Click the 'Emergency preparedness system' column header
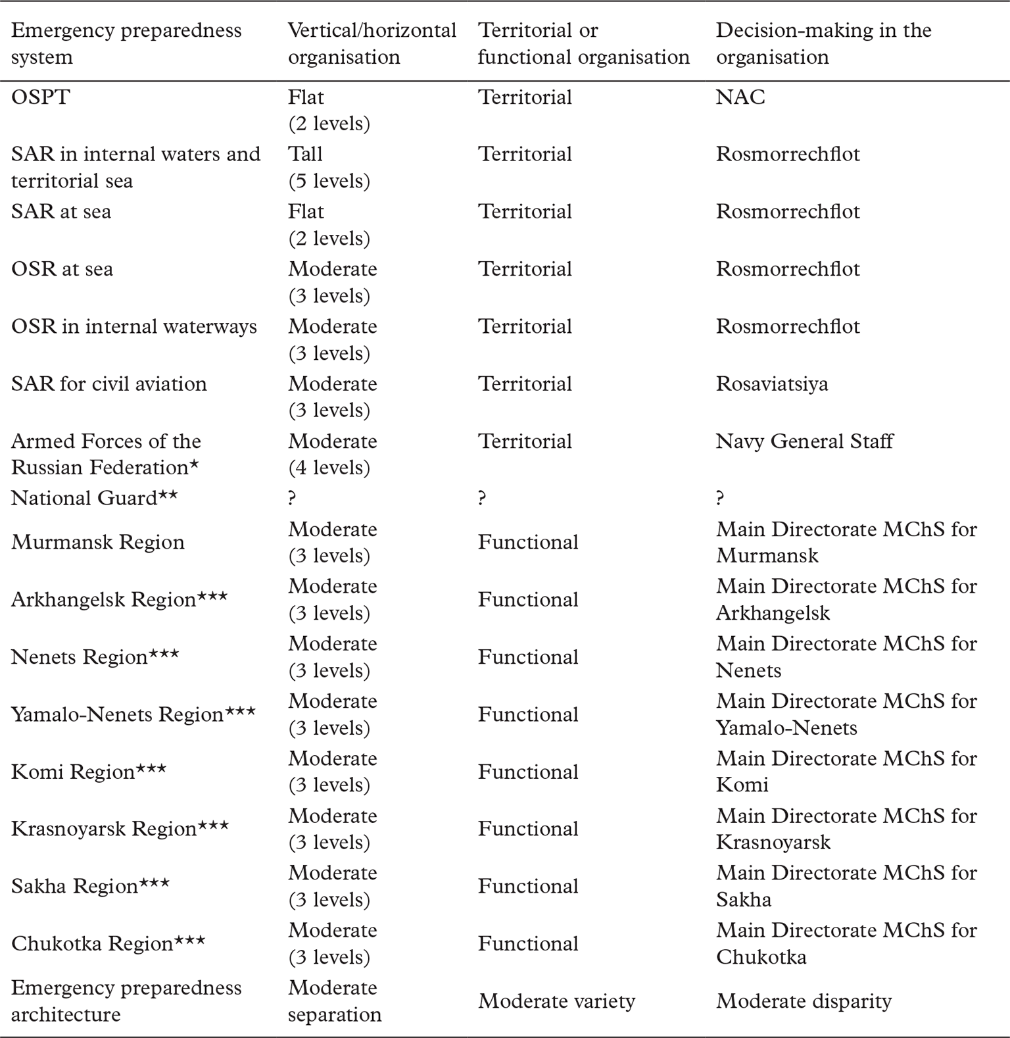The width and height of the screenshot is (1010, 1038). point(126,43)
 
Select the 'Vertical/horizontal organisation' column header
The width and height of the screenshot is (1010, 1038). point(372,43)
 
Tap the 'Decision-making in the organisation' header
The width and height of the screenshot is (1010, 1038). point(823,43)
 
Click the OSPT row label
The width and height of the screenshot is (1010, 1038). point(40,97)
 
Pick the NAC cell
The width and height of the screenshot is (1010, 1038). point(740,97)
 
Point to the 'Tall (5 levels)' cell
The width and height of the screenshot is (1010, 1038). point(329,167)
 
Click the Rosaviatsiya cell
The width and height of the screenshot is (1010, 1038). point(772,383)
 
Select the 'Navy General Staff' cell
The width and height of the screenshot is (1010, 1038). point(804,441)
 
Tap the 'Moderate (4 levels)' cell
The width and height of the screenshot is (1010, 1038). point(332,454)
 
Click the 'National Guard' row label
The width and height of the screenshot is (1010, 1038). point(94,498)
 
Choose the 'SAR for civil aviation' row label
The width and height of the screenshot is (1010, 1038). point(108,383)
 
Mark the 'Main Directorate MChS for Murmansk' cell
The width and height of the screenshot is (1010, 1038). point(846,542)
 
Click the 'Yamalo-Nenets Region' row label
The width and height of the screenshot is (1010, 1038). point(133,714)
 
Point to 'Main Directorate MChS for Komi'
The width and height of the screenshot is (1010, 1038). point(846,771)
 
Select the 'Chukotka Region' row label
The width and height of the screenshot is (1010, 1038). point(108,943)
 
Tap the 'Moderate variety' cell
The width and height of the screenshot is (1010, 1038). point(556,1001)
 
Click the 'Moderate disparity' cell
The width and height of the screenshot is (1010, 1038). point(804,1001)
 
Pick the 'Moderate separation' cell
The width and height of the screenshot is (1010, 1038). point(334,1001)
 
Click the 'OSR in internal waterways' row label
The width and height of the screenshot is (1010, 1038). point(133,326)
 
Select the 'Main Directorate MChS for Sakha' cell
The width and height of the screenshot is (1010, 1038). point(846,886)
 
